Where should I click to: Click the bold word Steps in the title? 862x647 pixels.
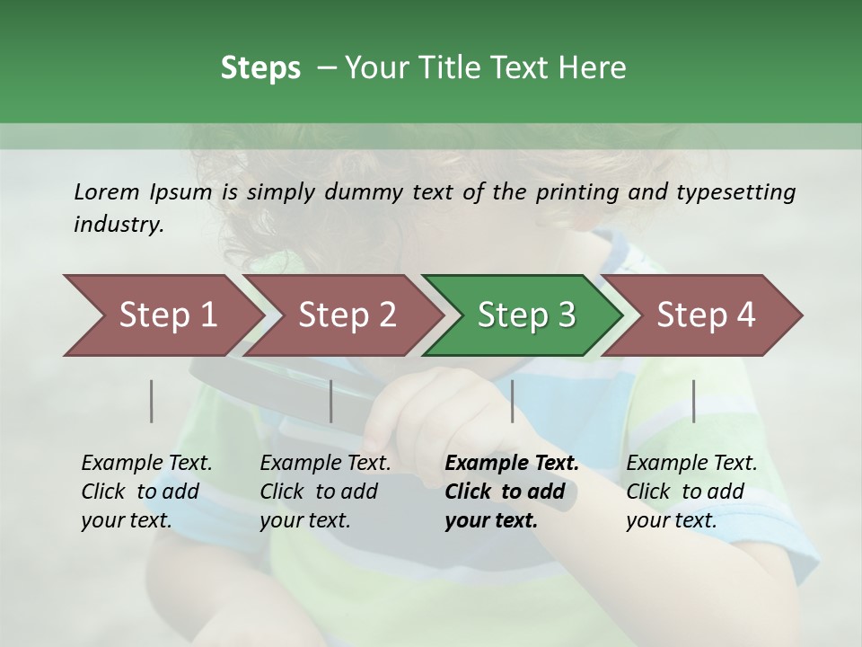[260, 68]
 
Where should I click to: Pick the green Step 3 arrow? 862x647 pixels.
[526, 315]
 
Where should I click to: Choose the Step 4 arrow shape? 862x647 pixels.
[706, 315]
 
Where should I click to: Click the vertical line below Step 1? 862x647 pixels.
[152, 401]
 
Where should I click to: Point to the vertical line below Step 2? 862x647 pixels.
[331, 401]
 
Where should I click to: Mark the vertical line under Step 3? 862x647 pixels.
[512, 401]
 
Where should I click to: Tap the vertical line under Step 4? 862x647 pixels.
[693, 401]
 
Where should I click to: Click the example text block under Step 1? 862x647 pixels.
[146, 492]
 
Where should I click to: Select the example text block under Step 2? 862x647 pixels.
[325, 492]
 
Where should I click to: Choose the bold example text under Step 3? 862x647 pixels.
[512, 492]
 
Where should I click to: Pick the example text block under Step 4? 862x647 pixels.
[691, 492]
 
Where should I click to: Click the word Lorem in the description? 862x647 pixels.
[107, 191]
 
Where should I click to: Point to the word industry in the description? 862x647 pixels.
[119, 225]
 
